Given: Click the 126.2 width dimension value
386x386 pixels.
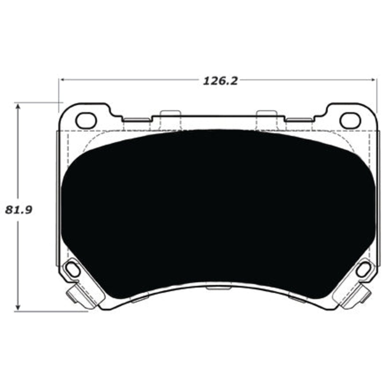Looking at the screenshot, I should (220, 81).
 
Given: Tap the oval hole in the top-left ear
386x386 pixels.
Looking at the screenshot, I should (86, 120).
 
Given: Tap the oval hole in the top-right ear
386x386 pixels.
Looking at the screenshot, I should (350, 120).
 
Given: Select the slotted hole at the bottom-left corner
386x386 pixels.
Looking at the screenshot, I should (73, 269).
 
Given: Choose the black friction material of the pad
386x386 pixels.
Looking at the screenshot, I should (217, 207).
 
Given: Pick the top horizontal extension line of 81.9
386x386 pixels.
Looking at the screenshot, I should (39, 103).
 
